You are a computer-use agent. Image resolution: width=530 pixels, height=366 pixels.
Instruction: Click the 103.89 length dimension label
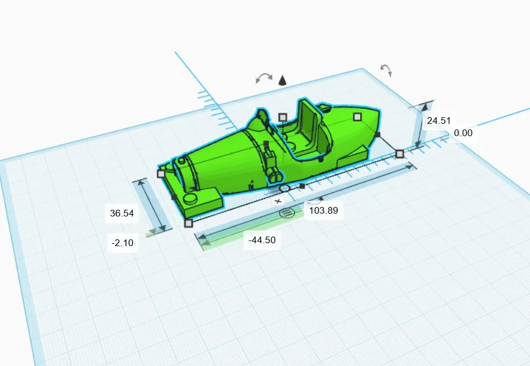click(x=323, y=210)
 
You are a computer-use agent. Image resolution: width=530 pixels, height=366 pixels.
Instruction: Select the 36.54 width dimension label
click(x=122, y=213)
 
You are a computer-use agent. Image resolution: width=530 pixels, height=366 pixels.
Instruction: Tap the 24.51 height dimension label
click(x=439, y=121)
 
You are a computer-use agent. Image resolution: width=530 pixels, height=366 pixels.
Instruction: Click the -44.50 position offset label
click(x=262, y=240)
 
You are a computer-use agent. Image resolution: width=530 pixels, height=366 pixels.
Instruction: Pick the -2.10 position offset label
click(x=122, y=243)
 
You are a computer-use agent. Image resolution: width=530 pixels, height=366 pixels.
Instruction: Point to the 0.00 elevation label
click(x=463, y=133)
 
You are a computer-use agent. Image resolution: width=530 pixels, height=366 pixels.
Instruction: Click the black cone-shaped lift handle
click(x=283, y=80)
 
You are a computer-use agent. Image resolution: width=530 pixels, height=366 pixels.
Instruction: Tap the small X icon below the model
click(x=278, y=201)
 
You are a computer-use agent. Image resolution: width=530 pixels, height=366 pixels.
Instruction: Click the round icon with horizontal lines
click(x=287, y=213)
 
